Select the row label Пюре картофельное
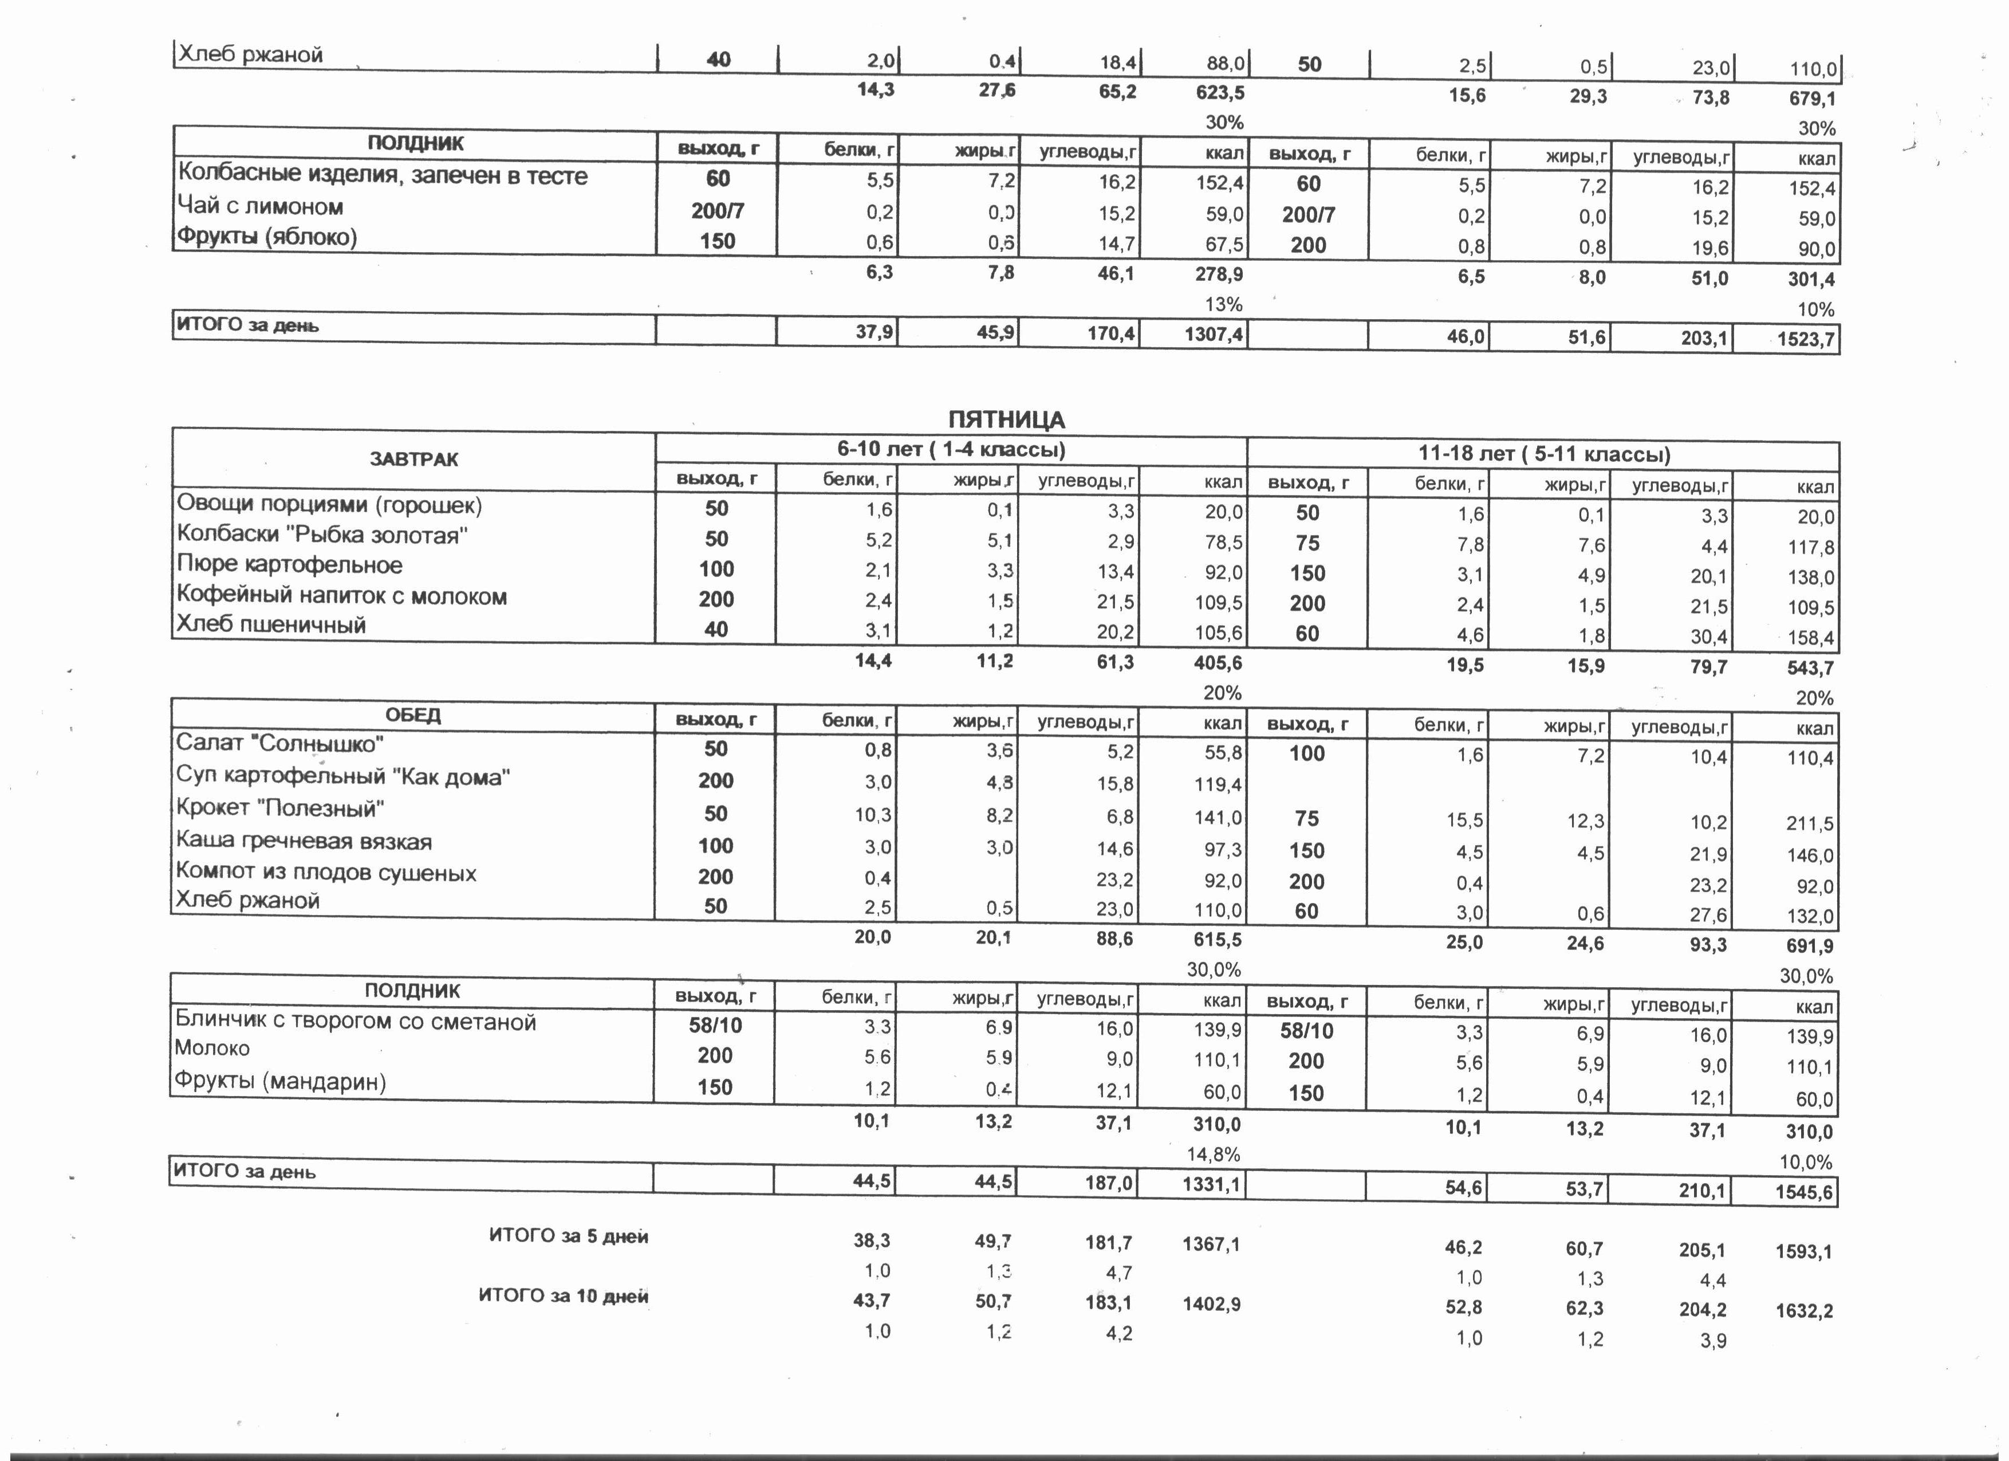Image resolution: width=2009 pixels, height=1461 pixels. click(x=290, y=565)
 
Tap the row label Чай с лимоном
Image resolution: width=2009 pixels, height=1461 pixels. click(x=259, y=206)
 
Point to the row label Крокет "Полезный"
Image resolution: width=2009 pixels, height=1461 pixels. click(x=280, y=809)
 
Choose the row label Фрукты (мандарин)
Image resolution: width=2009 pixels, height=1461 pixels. click(x=280, y=1081)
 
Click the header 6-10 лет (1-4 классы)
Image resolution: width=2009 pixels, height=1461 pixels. click(x=951, y=449)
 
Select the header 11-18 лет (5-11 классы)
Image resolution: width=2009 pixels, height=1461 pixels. click(x=1544, y=454)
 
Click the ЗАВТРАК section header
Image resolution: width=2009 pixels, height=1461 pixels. click(x=413, y=459)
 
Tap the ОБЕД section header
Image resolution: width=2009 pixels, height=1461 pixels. click(x=413, y=715)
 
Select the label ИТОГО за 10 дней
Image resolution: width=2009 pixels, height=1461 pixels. click(x=564, y=1296)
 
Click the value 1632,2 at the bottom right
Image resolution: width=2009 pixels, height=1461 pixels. click(x=1803, y=1311)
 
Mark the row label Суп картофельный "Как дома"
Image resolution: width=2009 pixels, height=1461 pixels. click(x=343, y=777)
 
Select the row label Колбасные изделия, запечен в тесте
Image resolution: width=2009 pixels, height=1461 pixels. click(x=383, y=175)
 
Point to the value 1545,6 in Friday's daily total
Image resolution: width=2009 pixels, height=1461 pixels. click(x=1803, y=1192)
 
